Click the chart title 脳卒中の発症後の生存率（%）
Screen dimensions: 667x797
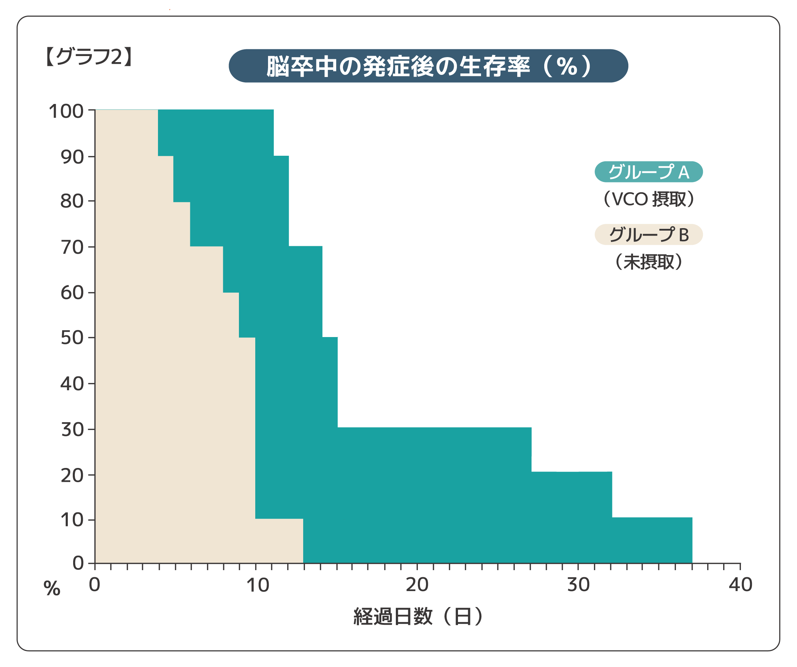coord(428,66)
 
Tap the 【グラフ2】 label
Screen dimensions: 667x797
coord(89,57)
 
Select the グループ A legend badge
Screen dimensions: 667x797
coord(648,172)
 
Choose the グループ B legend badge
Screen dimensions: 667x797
coord(648,235)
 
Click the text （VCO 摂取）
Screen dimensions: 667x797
coord(648,199)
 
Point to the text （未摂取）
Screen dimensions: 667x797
coord(648,261)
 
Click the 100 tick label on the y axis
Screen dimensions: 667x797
coord(66,111)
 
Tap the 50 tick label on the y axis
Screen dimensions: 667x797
coord(72,338)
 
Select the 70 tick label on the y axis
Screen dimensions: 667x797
coord(72,247)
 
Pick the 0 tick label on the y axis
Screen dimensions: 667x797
coord(78,563)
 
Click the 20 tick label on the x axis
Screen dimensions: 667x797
coord(417,585)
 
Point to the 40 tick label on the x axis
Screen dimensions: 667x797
coord(740,585)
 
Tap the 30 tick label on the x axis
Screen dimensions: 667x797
coord(578,585)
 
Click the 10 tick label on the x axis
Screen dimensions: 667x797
coord(258,585)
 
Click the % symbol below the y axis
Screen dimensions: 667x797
coord(52,589)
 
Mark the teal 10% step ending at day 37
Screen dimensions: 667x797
coord(652,540)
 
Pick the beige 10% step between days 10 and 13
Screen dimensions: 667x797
coord(279,540)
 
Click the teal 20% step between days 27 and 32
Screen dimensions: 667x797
coord(571,495)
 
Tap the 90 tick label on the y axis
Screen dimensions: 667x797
coord(72,156)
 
